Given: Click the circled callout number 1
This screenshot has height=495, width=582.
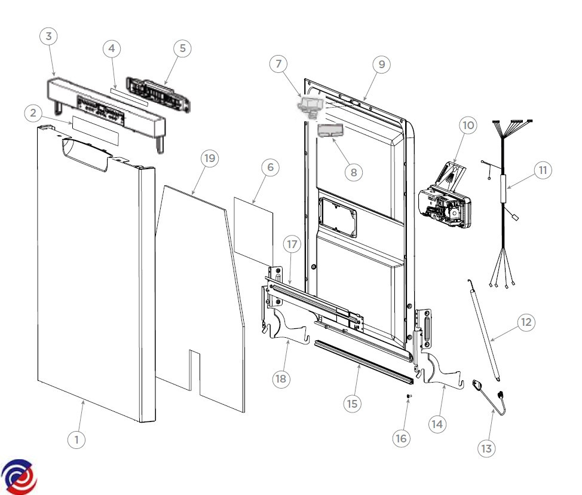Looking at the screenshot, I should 76,439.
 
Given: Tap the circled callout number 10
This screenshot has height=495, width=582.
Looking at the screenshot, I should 468,126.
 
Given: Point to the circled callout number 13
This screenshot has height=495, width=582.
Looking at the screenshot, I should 488,448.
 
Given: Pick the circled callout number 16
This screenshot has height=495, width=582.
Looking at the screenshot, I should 400,438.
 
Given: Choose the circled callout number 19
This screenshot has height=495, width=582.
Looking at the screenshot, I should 209,158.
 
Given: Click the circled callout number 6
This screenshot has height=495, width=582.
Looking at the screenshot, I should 270,168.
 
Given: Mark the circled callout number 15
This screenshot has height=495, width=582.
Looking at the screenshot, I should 353,404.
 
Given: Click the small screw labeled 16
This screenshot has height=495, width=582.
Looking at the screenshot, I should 408,396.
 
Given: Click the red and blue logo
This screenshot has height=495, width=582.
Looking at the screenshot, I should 19,476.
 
